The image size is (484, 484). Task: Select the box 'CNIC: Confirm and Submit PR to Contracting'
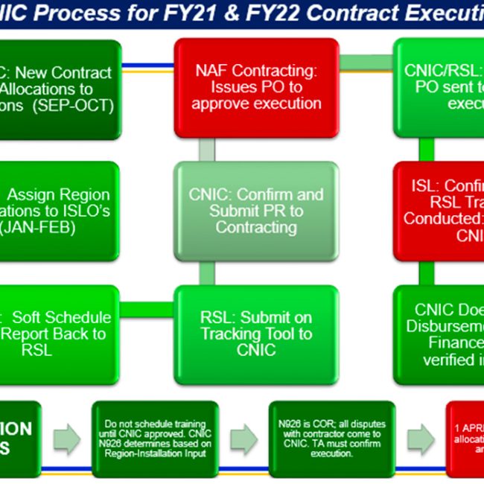click(x=256, y=210)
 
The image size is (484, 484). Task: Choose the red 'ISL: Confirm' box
click(x=439, y=211)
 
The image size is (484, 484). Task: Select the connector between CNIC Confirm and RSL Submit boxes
click(x=207, y=271)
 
